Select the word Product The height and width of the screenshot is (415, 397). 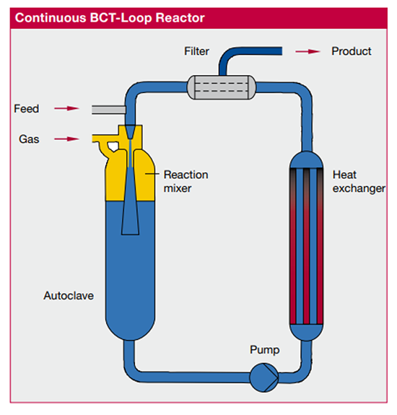pos(351,51)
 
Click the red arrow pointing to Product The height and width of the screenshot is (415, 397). pos(309,51)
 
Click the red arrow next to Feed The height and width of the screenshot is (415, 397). pos(66,109)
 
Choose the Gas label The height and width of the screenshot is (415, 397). pos(29,139)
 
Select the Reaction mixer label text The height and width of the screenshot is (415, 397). pos(186,181)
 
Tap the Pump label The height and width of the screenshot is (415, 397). pos(263,350)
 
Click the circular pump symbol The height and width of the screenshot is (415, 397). pos(262,377)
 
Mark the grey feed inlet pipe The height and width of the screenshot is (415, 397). pos(107,109)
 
